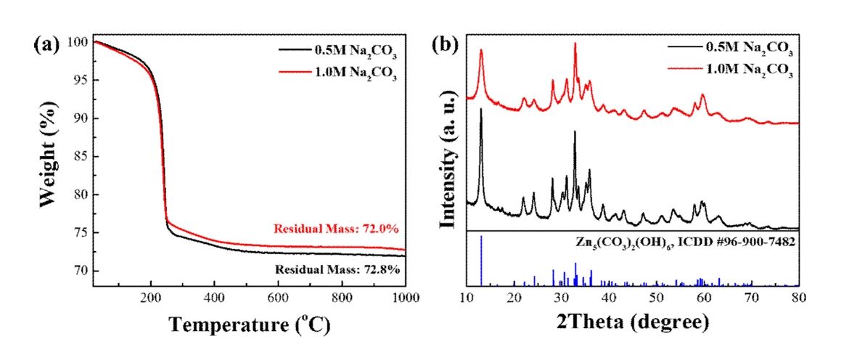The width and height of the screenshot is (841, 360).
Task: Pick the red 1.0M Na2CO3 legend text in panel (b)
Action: pyautogui.click(x=749, y=71)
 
